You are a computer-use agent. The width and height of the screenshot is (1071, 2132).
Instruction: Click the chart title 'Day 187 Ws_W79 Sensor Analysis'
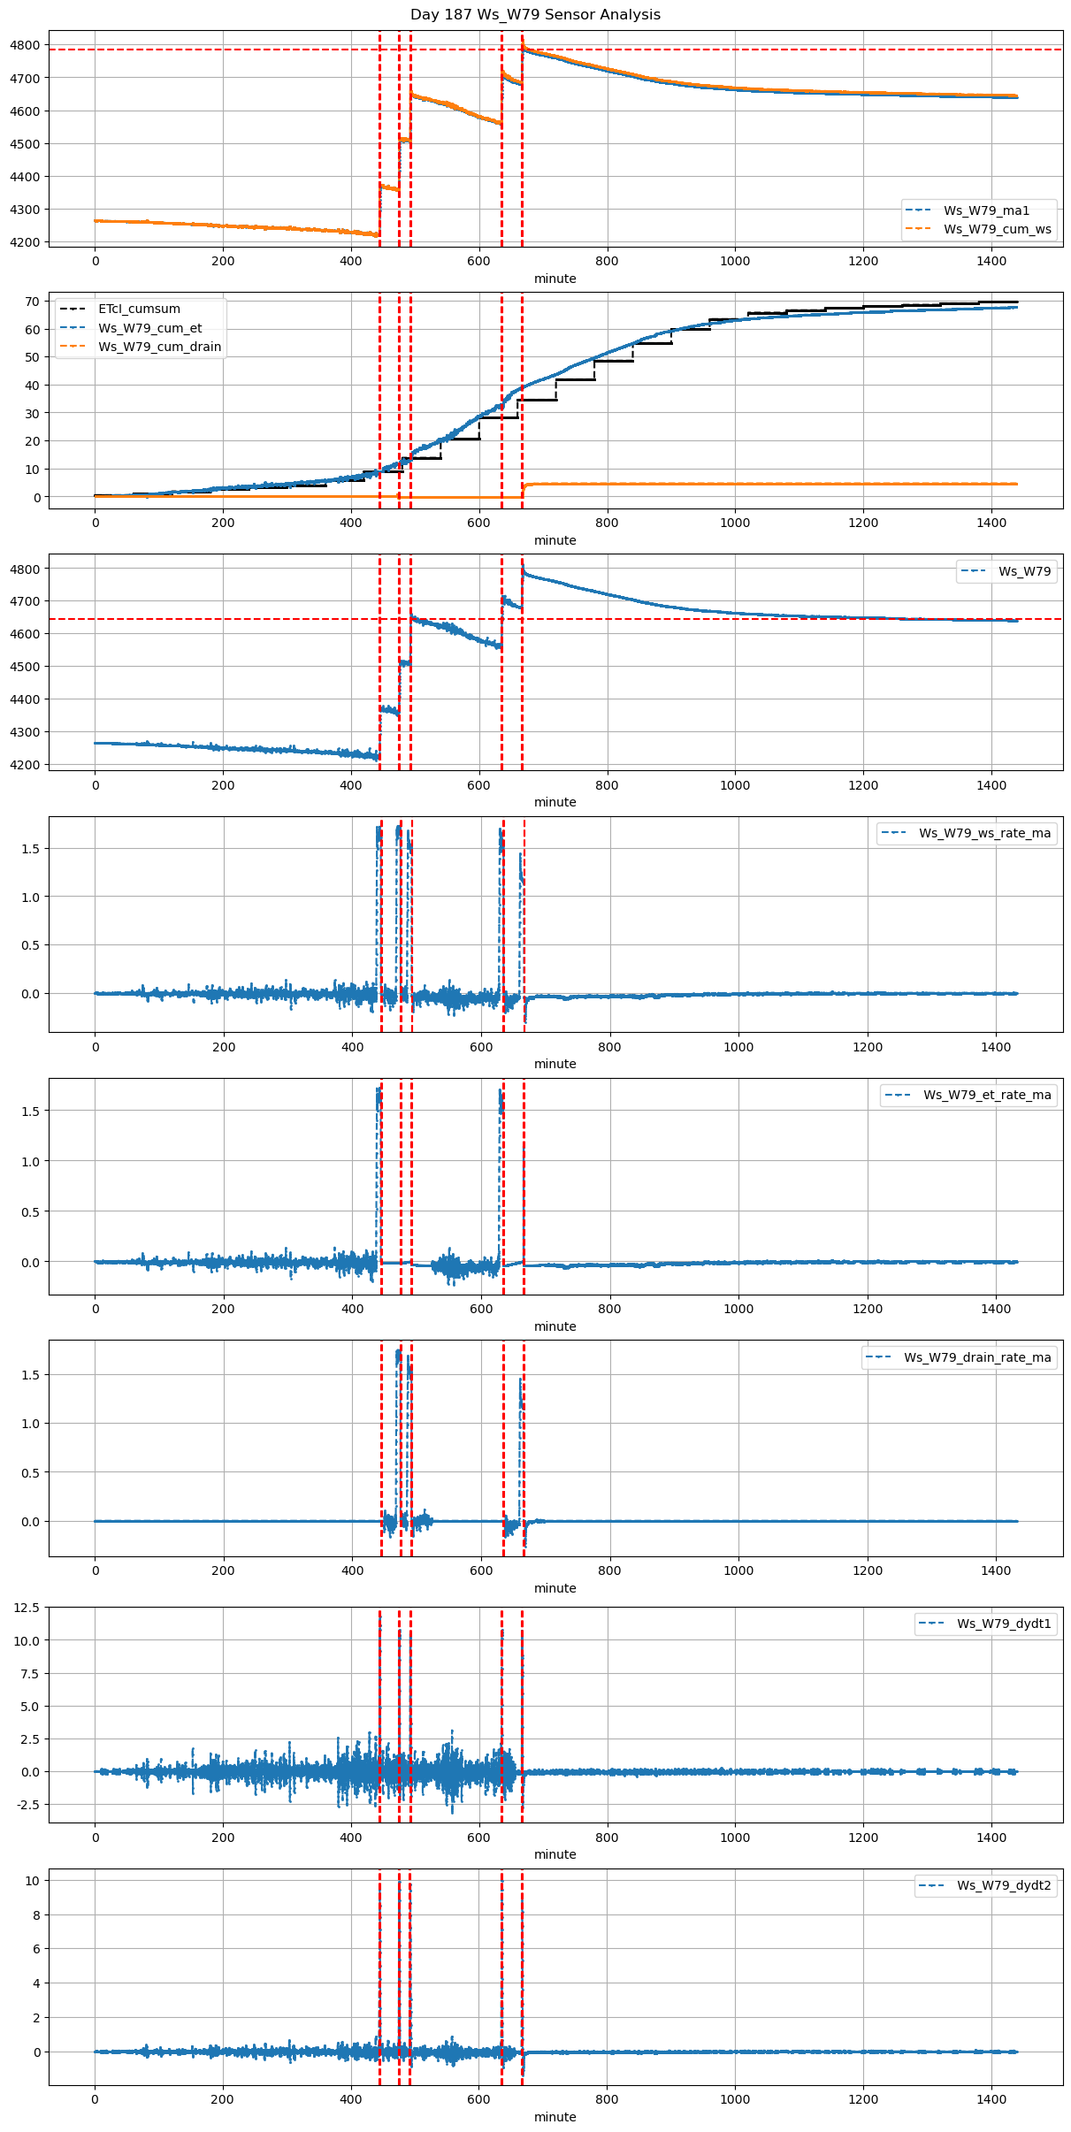(x=535, y=15)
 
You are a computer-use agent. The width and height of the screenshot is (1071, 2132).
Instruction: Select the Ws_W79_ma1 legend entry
(x=986, y=210)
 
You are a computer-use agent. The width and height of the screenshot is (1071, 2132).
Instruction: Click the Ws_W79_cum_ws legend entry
(x=997, y=229)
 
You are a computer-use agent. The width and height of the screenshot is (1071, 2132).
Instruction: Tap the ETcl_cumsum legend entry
(x=139, y=309)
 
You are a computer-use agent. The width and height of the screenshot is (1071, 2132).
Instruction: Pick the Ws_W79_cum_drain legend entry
(x=159, y=347)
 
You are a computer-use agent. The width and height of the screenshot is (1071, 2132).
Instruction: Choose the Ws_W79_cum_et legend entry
(x=149, y=328)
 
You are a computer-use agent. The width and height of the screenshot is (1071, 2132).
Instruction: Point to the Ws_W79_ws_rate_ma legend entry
(x=984, y=833)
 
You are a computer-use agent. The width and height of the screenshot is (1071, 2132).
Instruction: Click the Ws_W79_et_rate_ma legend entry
(x=987, y=1095)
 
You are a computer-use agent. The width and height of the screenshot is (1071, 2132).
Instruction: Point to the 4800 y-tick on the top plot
(x=25, y=45)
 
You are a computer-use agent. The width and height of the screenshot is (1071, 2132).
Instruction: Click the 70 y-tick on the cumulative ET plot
(x=33, y=302)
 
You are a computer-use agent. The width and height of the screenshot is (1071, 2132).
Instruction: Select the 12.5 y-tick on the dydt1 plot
(x=27, y=1609)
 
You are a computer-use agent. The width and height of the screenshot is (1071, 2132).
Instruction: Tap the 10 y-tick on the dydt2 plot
(x=33, y=1881)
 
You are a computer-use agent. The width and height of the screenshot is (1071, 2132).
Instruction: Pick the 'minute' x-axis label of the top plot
(x=555, y=279)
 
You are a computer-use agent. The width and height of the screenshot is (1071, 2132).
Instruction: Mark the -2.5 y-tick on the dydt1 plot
(x=27, y=1805)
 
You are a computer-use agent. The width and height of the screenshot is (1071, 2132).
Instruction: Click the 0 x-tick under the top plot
(x=96, y=261)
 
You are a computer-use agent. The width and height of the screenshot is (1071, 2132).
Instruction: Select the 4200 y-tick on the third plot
(x=25, y=765)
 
